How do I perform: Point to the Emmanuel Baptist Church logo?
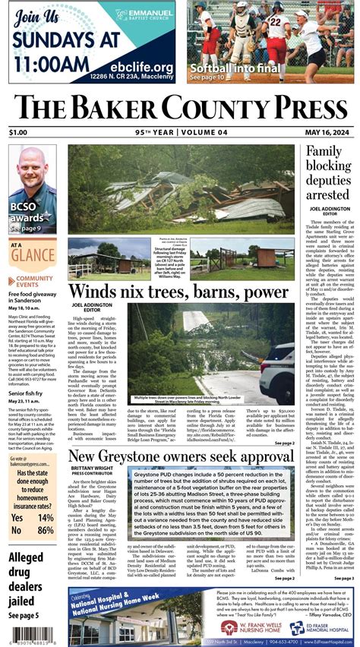click(x=149, y=14)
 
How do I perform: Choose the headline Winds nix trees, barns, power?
click(x=178, y=291)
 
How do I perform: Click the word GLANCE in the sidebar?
click(x=27, y=257)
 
